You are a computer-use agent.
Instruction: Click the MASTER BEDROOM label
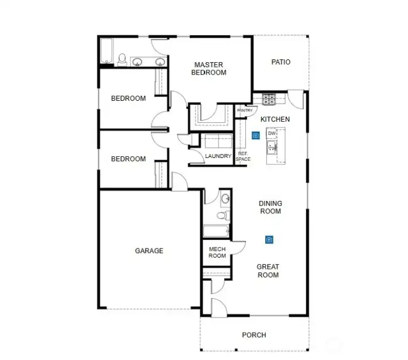(209, 68)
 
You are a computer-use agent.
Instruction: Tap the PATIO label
(280, 62)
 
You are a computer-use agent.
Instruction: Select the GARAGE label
(149, 251)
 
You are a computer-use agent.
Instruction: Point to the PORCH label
(254, 335)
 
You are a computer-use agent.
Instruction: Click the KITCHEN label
(275, 119)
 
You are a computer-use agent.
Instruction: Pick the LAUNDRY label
(218, 156)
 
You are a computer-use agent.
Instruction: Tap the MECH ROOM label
(217, 252)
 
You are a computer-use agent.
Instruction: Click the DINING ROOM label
(271, 207)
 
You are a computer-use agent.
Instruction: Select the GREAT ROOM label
(268, 271)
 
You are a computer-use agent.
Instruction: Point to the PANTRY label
(245, 110)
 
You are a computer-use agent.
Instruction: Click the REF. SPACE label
(243, 156)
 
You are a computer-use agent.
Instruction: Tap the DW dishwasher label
(271, 134)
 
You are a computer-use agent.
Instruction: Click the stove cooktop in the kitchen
(269, 99)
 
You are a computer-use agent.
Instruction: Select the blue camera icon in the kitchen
(256, 135)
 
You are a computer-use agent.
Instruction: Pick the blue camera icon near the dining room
(269, 239)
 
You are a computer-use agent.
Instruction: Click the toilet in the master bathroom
(122, 59)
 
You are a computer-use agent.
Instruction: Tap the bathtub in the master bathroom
(107, 51)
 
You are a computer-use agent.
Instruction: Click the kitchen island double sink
(272, 147)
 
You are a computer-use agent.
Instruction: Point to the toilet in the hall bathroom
(223, 216)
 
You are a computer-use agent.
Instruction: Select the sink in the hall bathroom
(226, 199)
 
